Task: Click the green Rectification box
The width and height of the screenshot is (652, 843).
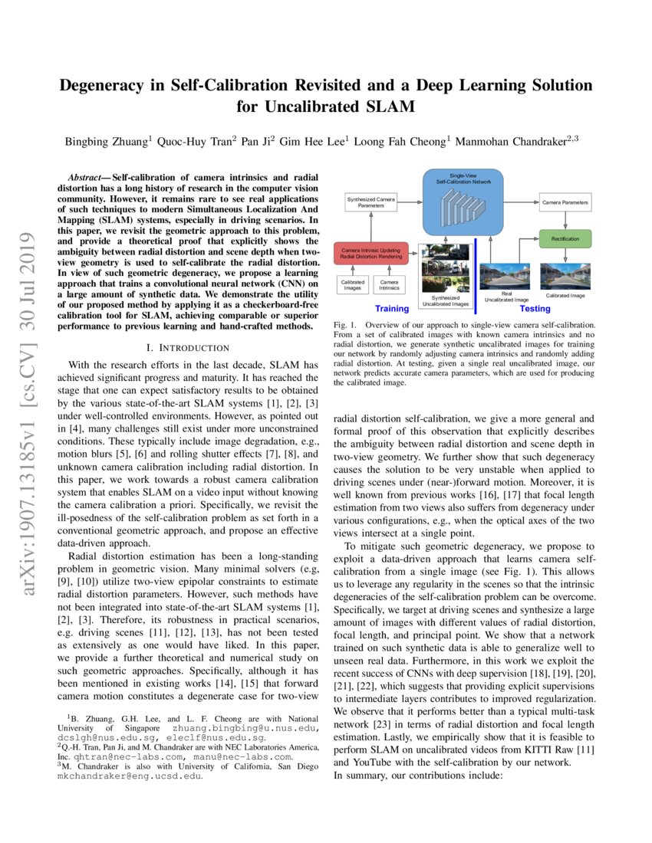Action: [x=565, y=239]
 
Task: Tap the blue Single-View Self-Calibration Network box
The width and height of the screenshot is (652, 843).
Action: [x=462, y=202]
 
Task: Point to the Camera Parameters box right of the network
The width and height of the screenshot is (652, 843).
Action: [x=565, y=202]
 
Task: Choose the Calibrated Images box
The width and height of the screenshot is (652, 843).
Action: [x=353, y=286]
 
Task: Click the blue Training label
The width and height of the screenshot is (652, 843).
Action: [x=392, y=309]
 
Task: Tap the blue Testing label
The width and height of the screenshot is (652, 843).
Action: [x=535, y=309]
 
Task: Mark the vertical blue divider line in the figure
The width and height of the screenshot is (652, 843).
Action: [x=476, y=276]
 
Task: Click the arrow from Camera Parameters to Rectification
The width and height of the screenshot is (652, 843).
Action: [x=565, y=221]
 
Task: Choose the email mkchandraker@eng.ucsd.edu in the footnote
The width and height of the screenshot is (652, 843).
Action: [x=129, y=776]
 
